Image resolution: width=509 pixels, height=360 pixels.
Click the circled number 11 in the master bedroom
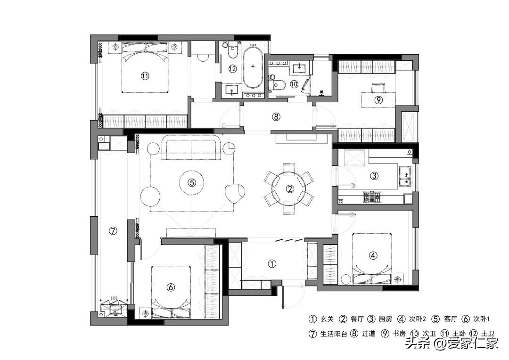(x=145, y=75)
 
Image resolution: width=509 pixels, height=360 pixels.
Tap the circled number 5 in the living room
(x=191, y=183)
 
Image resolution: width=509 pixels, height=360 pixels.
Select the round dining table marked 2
(x=290, y=188)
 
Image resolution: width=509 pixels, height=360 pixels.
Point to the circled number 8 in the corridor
(x=276, y=116)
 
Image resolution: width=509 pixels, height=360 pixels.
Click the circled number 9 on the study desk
(x=378, y=99)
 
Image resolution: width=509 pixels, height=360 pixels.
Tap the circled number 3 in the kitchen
(x=374, y=176)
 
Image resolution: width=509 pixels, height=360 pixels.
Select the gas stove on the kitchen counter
(x=371, y=197)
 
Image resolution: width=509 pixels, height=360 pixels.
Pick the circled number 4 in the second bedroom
(x=373, y=255)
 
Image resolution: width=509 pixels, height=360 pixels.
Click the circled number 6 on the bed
(x=171, y=286)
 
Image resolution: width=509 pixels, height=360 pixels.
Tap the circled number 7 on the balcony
(x=113, y=231)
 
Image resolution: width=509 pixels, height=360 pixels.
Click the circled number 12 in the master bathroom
(x=232, y=69)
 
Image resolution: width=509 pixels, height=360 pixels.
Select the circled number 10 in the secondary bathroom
(x=294, y=84)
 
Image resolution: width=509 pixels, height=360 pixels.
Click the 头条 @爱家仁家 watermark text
(x=452, y=344)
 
